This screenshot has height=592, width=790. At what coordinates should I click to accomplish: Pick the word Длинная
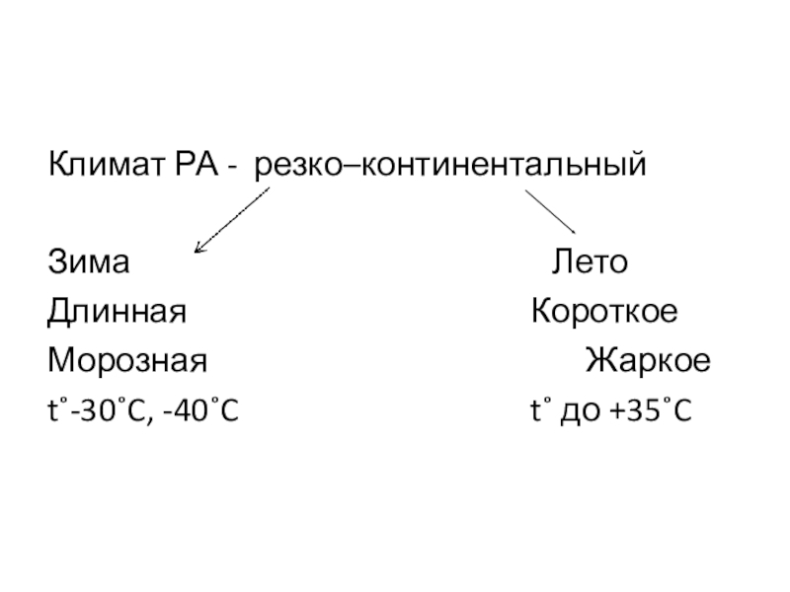(x=118, y=313)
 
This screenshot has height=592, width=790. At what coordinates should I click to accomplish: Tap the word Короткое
(x=604, y=313)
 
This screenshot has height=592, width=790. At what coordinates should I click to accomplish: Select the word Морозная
(x=128, y=361)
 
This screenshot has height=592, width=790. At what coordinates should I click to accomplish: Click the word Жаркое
(x=647, y=361)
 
